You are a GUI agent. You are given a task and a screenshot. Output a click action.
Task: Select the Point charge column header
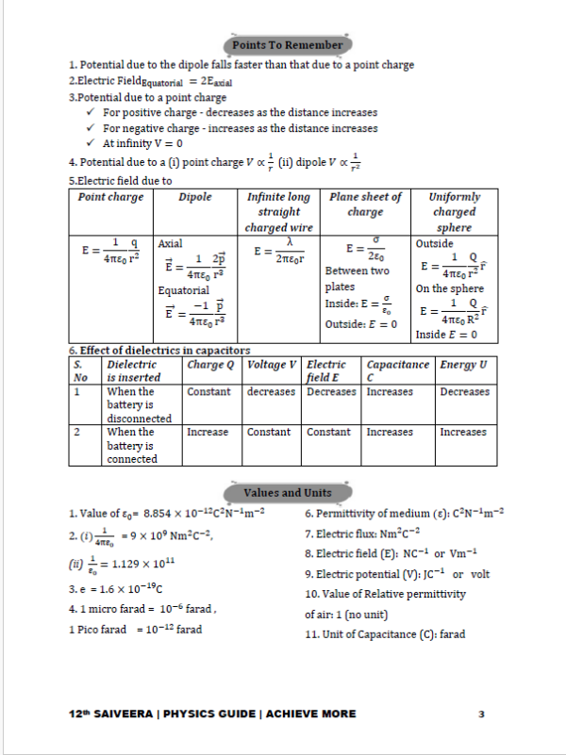[111, 197]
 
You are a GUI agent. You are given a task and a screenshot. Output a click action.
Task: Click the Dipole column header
[195, 197]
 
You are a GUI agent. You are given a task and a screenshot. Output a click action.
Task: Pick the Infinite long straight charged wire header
[277, 212]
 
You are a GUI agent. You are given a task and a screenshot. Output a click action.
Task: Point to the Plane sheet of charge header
[365, 205]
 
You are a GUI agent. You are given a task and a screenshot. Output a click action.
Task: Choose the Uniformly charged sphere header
[454, 212]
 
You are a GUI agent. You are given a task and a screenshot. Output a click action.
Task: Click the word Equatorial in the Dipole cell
[183, 291]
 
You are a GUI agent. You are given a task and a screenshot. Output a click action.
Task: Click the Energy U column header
[463, 364]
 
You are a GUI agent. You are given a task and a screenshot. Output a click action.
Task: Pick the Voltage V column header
[272, 364]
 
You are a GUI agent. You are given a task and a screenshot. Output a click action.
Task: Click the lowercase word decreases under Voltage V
[272, 392]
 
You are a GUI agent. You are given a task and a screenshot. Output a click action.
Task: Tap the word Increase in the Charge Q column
[208, 433]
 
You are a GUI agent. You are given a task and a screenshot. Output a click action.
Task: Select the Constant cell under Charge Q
[208, 392]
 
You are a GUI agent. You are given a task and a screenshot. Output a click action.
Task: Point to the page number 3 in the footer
[480, 714]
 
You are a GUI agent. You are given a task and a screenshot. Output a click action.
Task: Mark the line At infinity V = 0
[142, 143]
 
